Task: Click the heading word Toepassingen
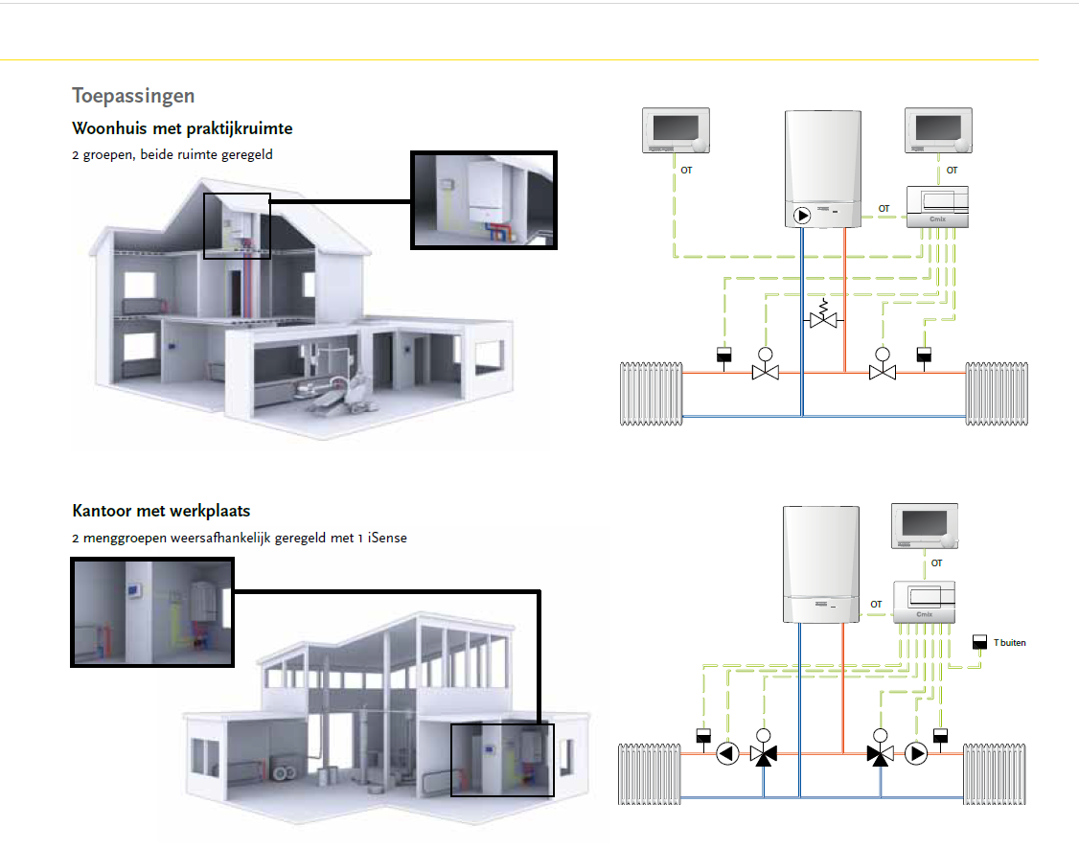coord(133,96)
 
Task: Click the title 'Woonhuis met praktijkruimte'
coord(182,128)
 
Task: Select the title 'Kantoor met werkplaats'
coord(161,511)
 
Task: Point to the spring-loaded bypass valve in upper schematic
coord(822,316)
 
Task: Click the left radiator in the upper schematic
coord(652,393)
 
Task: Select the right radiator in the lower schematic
coord(997,770)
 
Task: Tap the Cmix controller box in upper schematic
coord(937,207)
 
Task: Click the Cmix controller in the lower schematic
coord(925,604)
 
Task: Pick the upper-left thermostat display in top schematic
coord(676,130)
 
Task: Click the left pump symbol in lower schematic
coord(727,753)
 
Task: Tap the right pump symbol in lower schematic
coord(916,753)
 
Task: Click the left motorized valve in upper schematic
coord(765,368)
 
